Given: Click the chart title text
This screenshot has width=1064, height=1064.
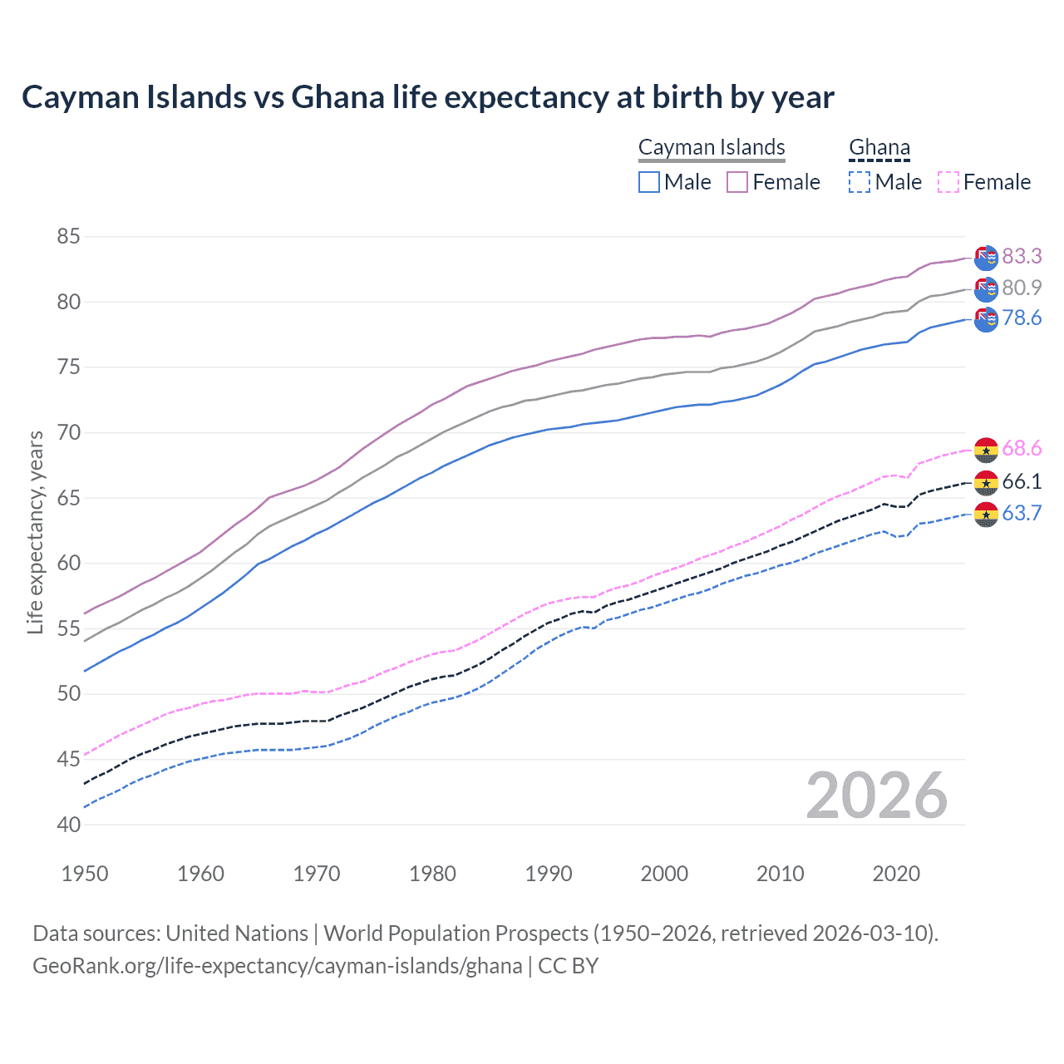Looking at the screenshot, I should (427, 97).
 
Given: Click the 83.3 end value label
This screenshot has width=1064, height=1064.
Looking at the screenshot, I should (1022, 256).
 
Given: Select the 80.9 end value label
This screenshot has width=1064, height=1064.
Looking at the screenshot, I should (1022, 288).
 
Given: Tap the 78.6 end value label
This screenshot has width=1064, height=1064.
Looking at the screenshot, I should (1022, 318).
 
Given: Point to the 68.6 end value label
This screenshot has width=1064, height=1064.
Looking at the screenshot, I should (1022, 449).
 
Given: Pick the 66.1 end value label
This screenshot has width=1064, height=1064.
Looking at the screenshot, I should (1022, 481).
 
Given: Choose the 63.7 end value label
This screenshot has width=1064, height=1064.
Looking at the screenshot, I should (1022, 513).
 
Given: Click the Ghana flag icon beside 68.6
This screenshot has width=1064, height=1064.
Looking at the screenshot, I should (986, 450).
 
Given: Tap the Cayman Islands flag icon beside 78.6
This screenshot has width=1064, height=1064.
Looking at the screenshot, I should (986, 319).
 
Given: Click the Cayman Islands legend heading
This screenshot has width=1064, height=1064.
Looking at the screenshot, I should (712, 147).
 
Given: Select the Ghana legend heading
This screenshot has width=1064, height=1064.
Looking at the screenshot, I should (879, 147).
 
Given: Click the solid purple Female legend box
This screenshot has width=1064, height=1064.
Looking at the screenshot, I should (737, 182).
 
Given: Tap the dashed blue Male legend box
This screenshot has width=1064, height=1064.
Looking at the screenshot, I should (860, 182).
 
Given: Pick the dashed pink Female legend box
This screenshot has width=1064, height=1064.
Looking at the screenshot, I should (948, 182).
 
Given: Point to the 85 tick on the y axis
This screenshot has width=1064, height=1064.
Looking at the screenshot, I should (68, 237).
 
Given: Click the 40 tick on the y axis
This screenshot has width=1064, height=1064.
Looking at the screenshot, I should (68, 825).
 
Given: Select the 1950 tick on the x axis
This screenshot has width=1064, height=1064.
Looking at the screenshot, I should (85, 874).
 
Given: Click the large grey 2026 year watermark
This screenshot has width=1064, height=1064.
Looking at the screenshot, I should (877, 796).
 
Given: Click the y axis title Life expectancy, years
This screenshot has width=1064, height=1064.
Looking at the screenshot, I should (35, 532).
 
